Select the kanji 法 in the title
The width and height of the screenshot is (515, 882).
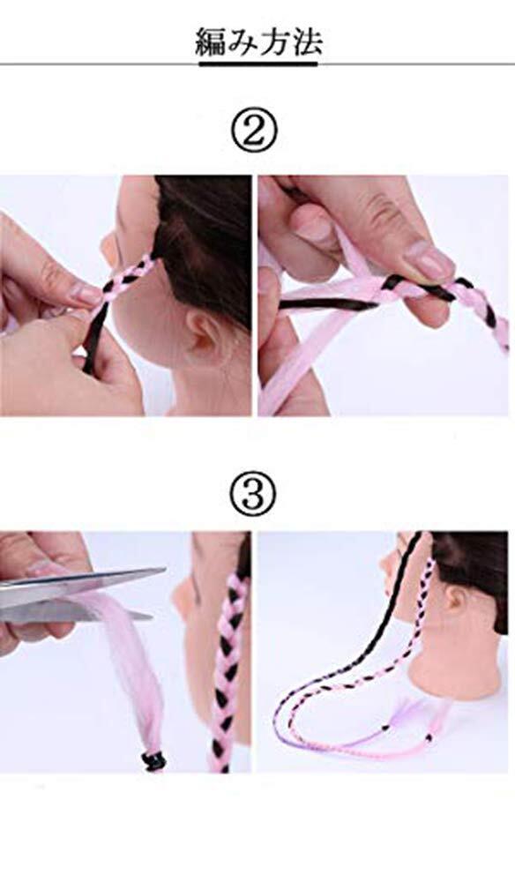pyautogui.click(x=307, y=42)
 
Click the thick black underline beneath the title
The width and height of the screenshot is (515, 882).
pyautogui.click(x=258, y=64)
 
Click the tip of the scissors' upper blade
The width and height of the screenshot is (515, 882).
pyautogui.click(x=164, y=571)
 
